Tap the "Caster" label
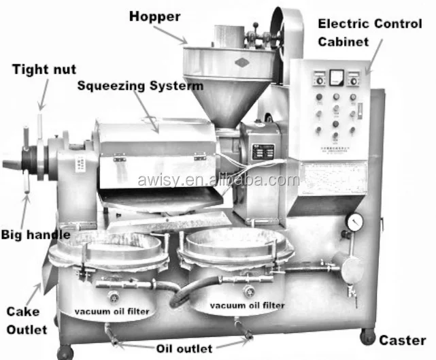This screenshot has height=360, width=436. click(x=402, y=340)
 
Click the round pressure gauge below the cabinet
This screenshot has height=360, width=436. click(x=353, y=223)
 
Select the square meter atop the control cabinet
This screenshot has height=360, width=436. click(x=336, y=78)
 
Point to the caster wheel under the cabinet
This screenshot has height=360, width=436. click(x=367, y=336)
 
